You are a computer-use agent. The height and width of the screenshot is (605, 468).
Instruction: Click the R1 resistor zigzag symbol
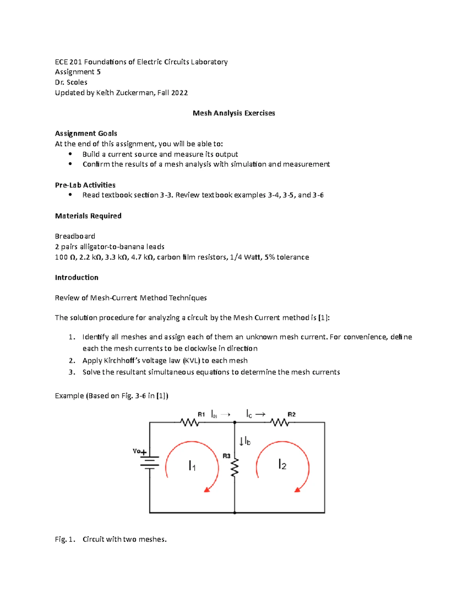coord(190,422)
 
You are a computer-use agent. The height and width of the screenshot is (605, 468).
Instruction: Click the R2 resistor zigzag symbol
coord(280,422)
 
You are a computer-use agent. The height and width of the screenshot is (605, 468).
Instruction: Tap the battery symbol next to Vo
coord(150,462)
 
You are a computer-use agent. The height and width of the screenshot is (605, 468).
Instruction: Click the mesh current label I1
coord(192,466)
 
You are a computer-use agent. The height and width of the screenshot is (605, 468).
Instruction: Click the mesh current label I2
coord(282,464)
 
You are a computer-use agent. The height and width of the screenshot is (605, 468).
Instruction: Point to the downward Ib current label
coord(245,441)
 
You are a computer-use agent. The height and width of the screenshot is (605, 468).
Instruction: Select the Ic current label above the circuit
coord(249,414)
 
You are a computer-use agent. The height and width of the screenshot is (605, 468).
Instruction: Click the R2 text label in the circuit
coord(291,415)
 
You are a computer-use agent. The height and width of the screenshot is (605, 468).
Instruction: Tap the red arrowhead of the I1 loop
coord(207,489)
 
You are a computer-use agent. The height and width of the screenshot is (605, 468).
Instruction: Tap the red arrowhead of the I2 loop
coord(298,489)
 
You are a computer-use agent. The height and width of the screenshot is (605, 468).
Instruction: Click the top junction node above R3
coord(235,422)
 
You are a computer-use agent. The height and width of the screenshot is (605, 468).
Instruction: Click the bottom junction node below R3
coord(235,513)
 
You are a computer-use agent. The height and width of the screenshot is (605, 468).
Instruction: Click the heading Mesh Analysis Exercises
coord(234,113)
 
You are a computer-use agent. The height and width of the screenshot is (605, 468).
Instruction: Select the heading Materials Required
coord(88,216)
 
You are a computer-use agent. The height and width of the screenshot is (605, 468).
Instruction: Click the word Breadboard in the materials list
coord(75,236)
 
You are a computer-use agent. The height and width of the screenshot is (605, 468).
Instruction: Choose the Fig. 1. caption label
coord(65,539)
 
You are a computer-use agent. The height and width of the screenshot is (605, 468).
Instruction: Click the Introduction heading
coord(76,277)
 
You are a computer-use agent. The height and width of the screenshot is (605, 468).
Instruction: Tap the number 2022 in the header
coord(179,93)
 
